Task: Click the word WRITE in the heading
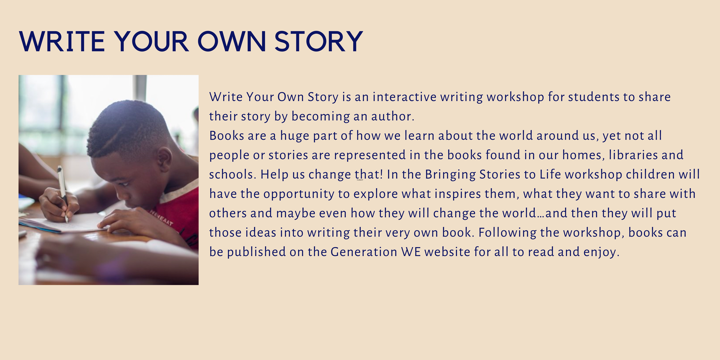click(62, 42)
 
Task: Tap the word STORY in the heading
click(319, 42)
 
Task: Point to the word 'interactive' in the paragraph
click(404, 97)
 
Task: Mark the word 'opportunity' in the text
click(299, 194)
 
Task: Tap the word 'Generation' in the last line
click(364, 252)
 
